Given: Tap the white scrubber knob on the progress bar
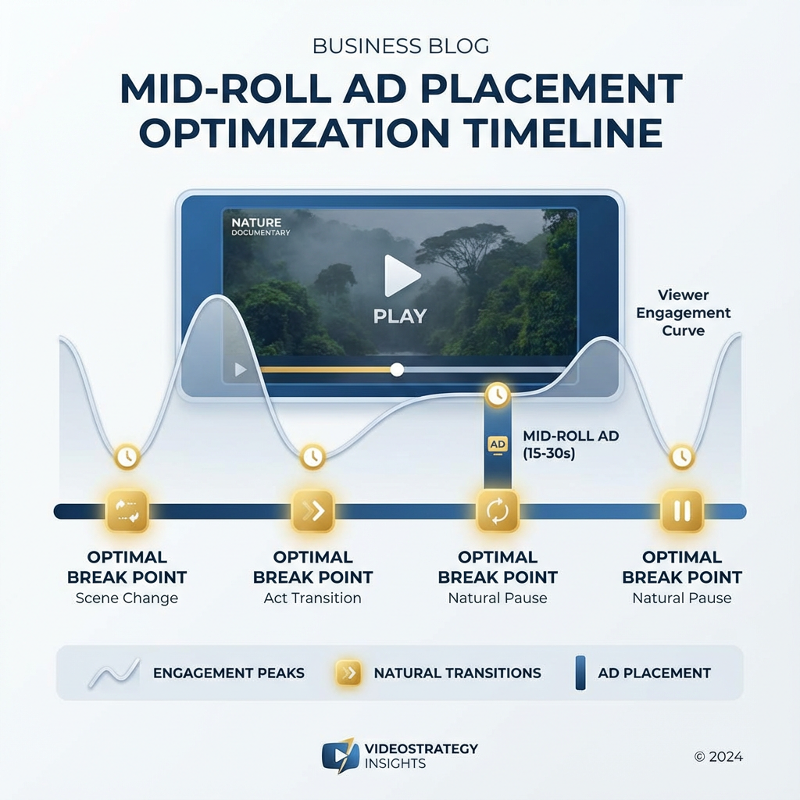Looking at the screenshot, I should click(397, 370).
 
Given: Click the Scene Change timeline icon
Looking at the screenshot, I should click(127, 511).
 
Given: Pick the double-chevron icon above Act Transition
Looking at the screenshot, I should click(312, 511).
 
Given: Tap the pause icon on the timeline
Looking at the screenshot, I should click(682, 511).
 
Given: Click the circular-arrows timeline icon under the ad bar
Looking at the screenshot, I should click(498, 511).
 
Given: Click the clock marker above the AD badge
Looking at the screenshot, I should click(497, 395).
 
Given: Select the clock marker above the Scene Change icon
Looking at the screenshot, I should click(126, 456).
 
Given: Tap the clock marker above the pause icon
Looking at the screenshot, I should click(682, 456).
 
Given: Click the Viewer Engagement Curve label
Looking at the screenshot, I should click(682, 312).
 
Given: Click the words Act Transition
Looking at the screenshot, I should click(312, 598).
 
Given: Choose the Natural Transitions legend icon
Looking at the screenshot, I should click(348, 673).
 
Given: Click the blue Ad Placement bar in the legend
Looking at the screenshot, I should click(580, 673).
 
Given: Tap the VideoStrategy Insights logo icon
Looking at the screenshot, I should click(340, 755).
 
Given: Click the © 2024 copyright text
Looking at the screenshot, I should click(718, 756).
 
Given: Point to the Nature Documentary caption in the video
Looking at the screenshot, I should click(261, 227).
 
